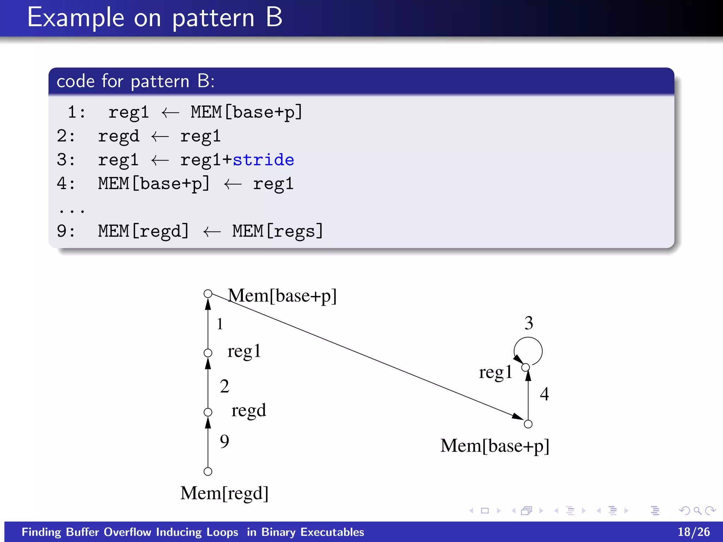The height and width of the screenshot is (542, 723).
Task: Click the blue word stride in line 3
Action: click(x=263, y=160)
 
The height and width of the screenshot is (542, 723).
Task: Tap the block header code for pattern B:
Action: click(x=136, y=81)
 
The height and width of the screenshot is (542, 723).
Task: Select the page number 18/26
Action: click(x=693, y=532)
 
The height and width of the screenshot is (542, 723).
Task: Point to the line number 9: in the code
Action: click(x=66, y=231)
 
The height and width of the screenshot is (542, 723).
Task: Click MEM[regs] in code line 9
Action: click(x=277, y=231)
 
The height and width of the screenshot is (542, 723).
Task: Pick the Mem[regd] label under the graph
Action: click(x=225, y=493)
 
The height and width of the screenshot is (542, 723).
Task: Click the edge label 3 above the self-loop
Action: click(x=528, y=323)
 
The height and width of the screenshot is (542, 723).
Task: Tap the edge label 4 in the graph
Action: click(x=544, y=394)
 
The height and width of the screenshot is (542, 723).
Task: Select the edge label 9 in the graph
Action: click(x=224, y=441)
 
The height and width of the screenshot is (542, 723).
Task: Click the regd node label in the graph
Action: click(x=249, y=410)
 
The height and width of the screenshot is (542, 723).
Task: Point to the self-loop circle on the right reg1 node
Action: click(x=528, y=351)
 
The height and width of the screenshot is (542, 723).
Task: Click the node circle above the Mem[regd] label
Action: click(x=208, y=471)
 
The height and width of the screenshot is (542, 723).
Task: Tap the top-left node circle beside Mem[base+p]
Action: click(x=208, y=294)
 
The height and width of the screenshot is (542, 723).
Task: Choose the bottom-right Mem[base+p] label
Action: click(x=495, y=446)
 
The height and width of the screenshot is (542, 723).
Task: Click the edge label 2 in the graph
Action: click(x=224, y=386)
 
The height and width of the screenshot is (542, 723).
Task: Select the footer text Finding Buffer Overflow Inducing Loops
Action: click(x=130, y=532)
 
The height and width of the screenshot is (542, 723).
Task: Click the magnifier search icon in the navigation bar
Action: click(x=697, y=511)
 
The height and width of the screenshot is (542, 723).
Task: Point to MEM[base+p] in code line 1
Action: click(x=246, y=112)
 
